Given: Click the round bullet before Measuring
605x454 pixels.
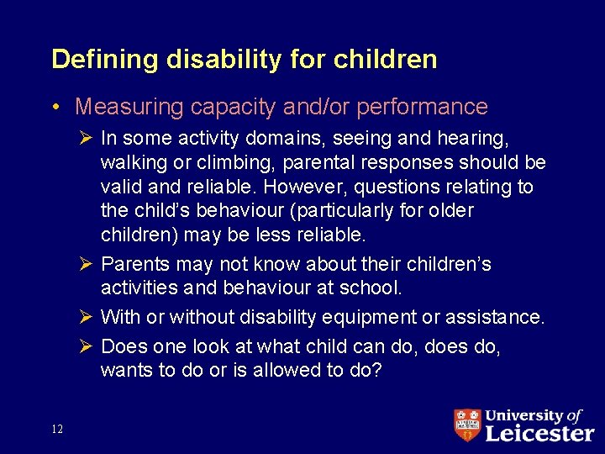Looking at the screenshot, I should [x=55, y=108].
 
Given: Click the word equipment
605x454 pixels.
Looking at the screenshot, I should [x=358, y=318].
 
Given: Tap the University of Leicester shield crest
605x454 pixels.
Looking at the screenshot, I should [x=466, y=425].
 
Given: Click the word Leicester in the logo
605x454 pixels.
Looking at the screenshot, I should [x=539, y=432].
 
